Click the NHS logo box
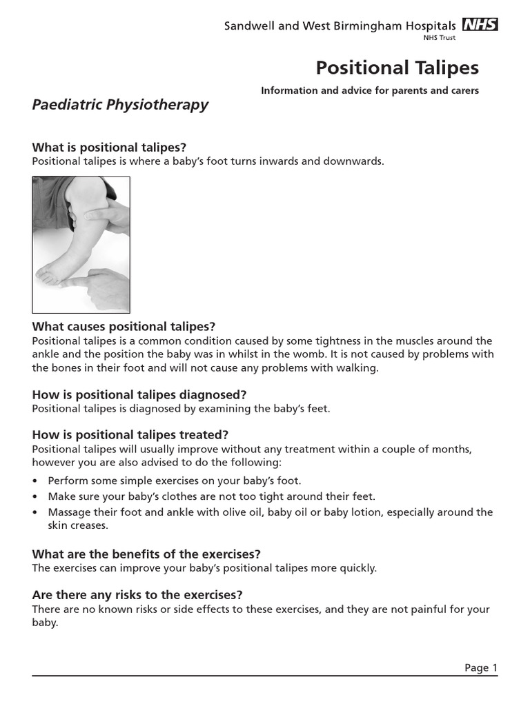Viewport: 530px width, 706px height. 480,25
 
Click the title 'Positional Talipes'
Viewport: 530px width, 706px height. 397,68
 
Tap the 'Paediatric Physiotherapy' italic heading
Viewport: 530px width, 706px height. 120,105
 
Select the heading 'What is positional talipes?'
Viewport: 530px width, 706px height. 110,148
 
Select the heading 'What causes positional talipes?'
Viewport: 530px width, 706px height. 124,327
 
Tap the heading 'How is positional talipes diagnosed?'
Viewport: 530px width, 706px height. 139,395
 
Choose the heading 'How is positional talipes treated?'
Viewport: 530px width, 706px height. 130,435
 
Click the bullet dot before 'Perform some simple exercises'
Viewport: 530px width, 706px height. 35,481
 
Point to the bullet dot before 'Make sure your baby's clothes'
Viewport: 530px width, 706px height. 35,496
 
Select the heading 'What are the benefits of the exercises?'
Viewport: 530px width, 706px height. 146,554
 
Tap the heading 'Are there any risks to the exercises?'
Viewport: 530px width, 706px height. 137,595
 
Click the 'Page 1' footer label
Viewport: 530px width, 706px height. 480,667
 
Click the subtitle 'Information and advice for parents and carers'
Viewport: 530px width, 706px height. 369,91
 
